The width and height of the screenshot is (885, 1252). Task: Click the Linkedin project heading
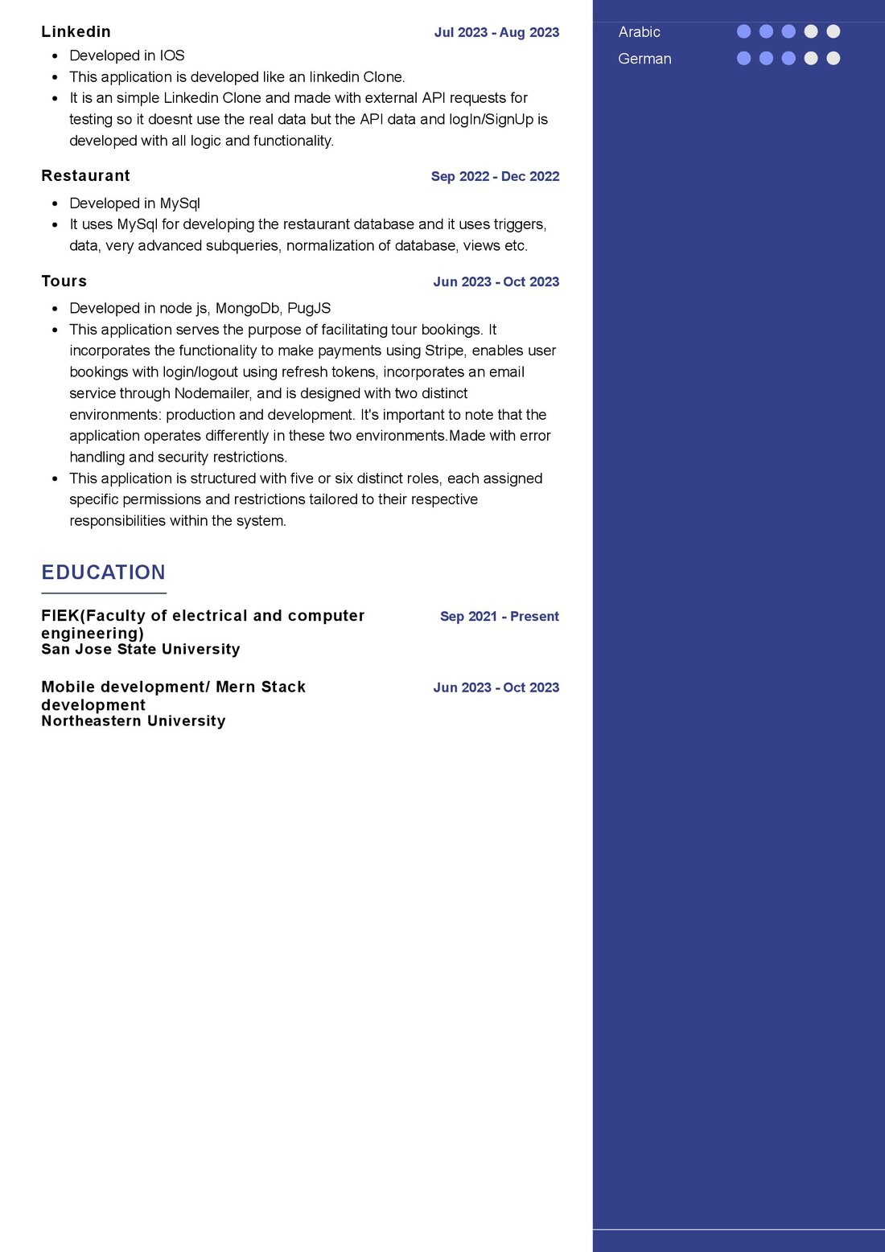tap(76, 31)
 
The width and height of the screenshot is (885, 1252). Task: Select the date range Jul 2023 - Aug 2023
tap(496, 32)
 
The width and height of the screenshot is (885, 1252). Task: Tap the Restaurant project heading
tap(85, 175)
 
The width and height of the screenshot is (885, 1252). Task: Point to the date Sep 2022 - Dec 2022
tap(495, 176)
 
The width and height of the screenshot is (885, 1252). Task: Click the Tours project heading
tap(64, 281)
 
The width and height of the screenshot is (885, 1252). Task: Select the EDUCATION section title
tap(103, 572)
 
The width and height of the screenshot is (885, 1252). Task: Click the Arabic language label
tap(639, 32)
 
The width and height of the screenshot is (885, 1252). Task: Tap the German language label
tap(644, 59)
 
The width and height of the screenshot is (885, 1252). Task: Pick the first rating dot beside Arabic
tap(743, 31)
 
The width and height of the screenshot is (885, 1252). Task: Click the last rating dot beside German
tap(834, 58)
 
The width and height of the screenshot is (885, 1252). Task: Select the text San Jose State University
tap(140, 649)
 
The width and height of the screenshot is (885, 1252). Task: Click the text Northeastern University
tap(133, 720)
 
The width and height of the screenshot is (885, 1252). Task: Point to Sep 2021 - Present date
tap(499, 616)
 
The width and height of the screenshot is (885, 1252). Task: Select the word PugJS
tap(309, 308)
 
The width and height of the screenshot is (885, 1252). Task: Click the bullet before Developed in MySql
tap(55, 204)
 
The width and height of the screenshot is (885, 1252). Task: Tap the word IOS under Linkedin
tap(171, 55)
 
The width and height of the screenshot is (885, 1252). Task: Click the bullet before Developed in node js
tap(55, 309)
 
